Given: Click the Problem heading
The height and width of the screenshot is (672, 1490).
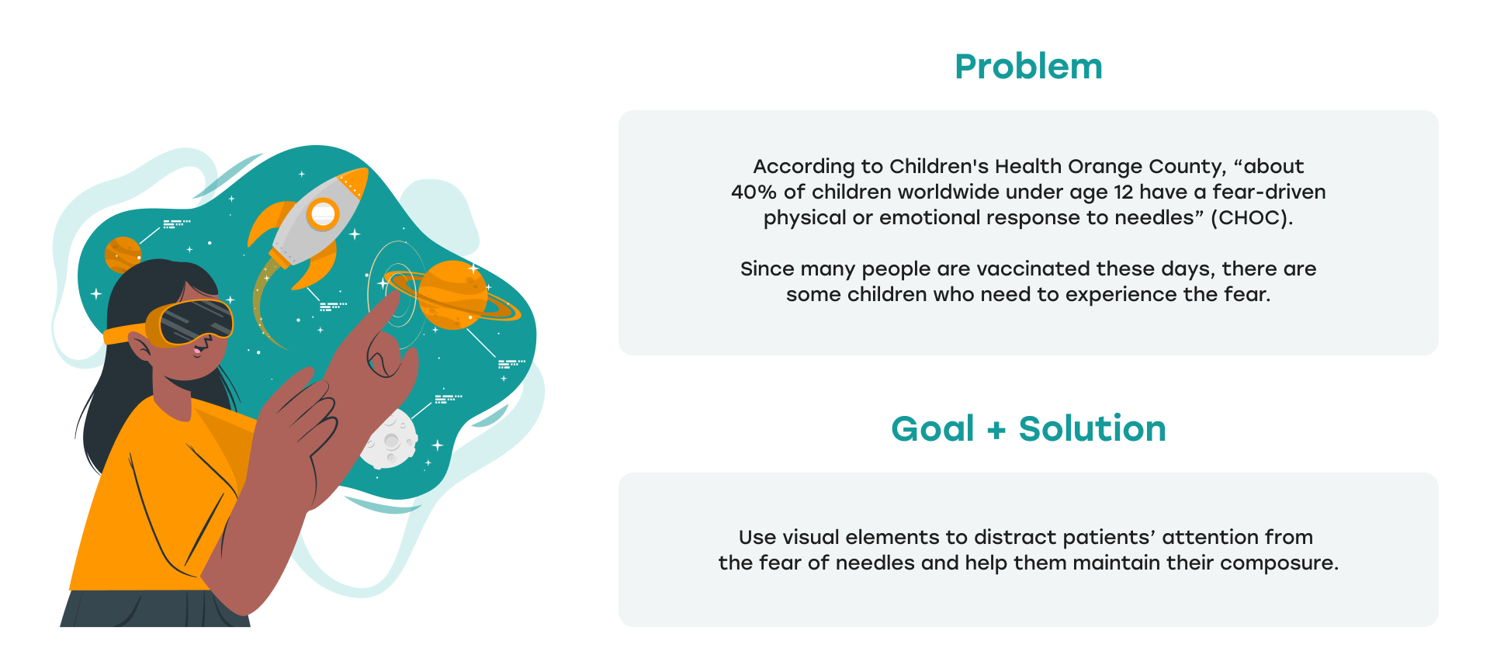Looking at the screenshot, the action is pos(1028,66).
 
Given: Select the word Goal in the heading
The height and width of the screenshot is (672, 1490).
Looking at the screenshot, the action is pos(932,428).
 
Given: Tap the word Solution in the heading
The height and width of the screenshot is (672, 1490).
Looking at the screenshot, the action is pos(1092,428).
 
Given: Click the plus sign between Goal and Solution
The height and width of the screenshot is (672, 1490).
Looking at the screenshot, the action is pos(996,430).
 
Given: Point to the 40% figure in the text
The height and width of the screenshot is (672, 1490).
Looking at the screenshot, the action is pos(754,192).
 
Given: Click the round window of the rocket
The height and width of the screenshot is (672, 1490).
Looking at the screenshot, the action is pos(323,213).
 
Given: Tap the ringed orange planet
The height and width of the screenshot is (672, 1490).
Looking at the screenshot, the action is pos(453,295).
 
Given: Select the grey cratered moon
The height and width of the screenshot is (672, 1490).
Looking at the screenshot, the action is pos(390,440).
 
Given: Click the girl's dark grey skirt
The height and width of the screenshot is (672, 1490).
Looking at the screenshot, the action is pos(155,608).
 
